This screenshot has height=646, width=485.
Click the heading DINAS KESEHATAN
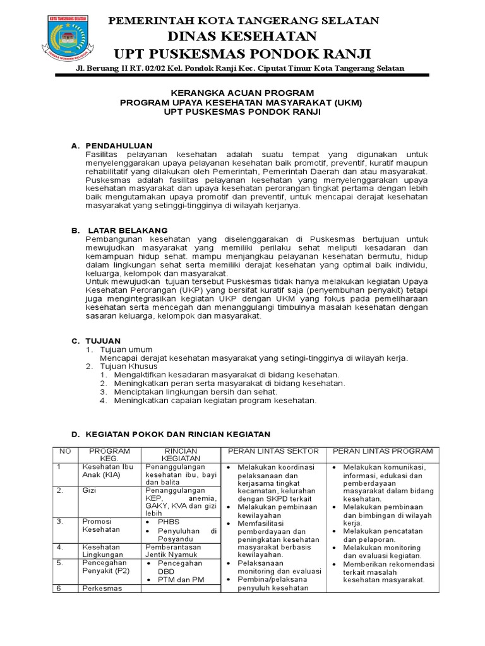(x=243, y=36)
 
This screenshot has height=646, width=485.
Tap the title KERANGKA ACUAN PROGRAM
(x=242, y=91)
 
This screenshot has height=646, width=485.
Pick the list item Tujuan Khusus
(x=129, y=366)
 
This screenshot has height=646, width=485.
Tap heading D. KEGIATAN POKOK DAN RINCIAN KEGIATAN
(x=170, y=435)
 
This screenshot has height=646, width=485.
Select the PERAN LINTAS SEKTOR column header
(x=273, y=451)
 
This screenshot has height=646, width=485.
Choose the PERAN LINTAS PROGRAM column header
(x=382, y=451)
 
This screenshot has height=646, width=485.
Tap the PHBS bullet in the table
(x=169, y=522)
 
